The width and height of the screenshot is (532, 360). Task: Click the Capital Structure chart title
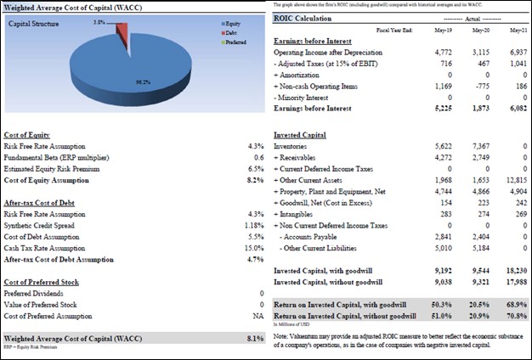point(33,24)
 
